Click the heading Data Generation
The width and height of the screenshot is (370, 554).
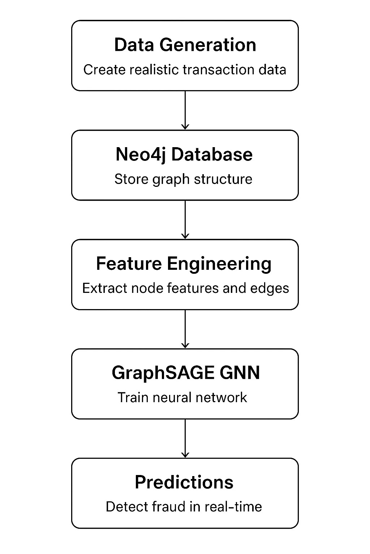(185, 45)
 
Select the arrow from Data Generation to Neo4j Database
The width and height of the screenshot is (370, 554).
(185, 110)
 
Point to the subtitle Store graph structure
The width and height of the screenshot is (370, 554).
(183, 179)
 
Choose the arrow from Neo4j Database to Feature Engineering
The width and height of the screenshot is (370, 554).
(185, 219)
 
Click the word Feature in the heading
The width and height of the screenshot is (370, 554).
(129, 264)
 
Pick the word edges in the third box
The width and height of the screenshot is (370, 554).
(271, 289)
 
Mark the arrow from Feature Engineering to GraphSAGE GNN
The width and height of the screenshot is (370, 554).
(185, 329)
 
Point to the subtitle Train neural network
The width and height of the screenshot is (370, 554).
(182, 397)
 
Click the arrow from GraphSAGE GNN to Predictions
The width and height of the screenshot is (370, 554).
(185, 438)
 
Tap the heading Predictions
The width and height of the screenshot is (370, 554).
(184, 482)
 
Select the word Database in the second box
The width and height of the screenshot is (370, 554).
(212, 154)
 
